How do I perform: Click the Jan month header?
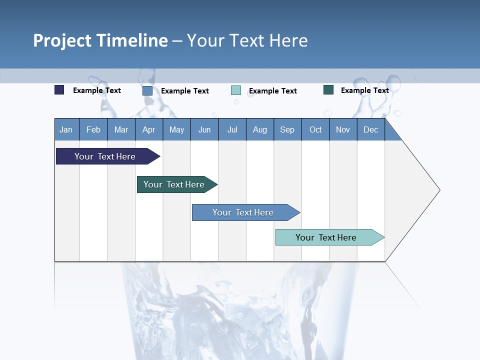coord(66,130)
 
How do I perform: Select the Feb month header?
coord(93,130)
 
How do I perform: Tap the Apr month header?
coord(148,130)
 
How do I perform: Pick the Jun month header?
coord(204,130)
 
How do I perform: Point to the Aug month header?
coord(259,130)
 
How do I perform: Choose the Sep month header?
coord(287,130)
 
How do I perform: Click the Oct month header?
coord(315,130)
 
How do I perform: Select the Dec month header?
coord(370,130)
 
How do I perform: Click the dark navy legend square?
coord(59,90)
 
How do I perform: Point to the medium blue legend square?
coord(147,90)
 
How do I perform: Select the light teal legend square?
coord(236,90)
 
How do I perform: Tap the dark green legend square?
coord(328,90)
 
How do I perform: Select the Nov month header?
coord(343,130)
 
